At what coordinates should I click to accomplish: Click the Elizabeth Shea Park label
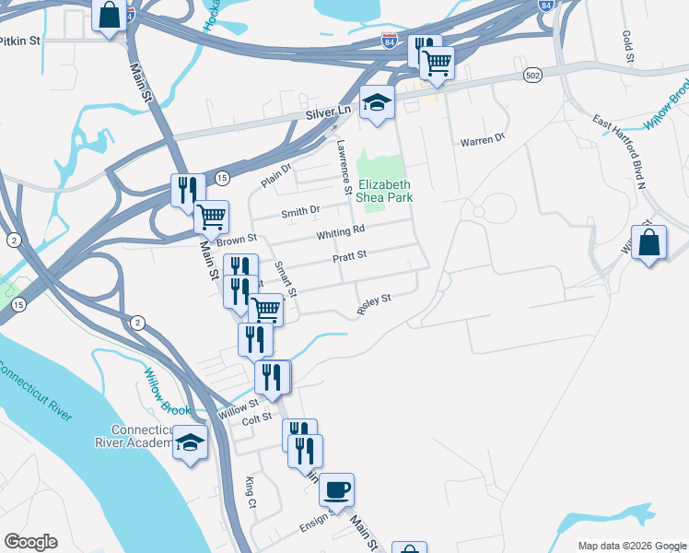pos(385,191)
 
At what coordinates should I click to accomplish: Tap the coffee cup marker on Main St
pos(336,489)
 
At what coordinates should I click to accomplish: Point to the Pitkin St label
pos(20,41)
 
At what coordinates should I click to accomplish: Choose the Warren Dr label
pos(483,140)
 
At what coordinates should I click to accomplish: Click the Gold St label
pos(629,47)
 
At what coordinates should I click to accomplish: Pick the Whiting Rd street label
pos(341,232)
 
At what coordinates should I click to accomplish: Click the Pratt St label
pos(349,254)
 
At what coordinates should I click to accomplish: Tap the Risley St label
pos(374,304)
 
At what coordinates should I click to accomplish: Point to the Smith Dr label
pos(300,211)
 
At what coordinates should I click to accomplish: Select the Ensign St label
pos(320,524)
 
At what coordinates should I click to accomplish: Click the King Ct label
pos(250,492)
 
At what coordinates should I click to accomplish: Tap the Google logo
pos(30,542)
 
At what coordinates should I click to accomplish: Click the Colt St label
pos(256,418)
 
